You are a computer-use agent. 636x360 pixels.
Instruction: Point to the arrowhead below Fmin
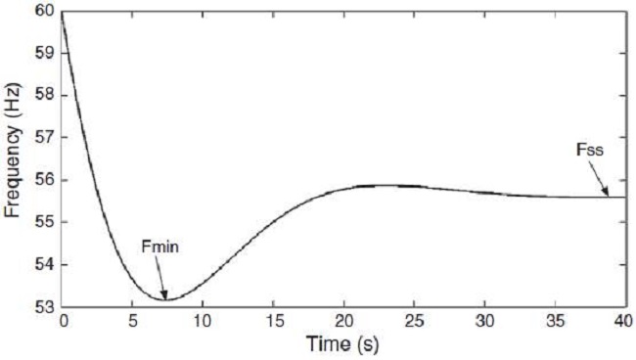tap(165, 297)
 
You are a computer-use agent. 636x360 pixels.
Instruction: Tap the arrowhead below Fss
tap(607, 194)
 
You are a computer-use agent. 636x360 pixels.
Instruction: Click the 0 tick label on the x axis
tap(63, 321)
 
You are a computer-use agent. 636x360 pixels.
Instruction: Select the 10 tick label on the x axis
tap(203, 321)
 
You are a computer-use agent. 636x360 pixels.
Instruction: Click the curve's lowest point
tap(164, 299)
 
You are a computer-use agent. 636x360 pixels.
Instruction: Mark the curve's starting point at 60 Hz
tap(63, 13)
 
